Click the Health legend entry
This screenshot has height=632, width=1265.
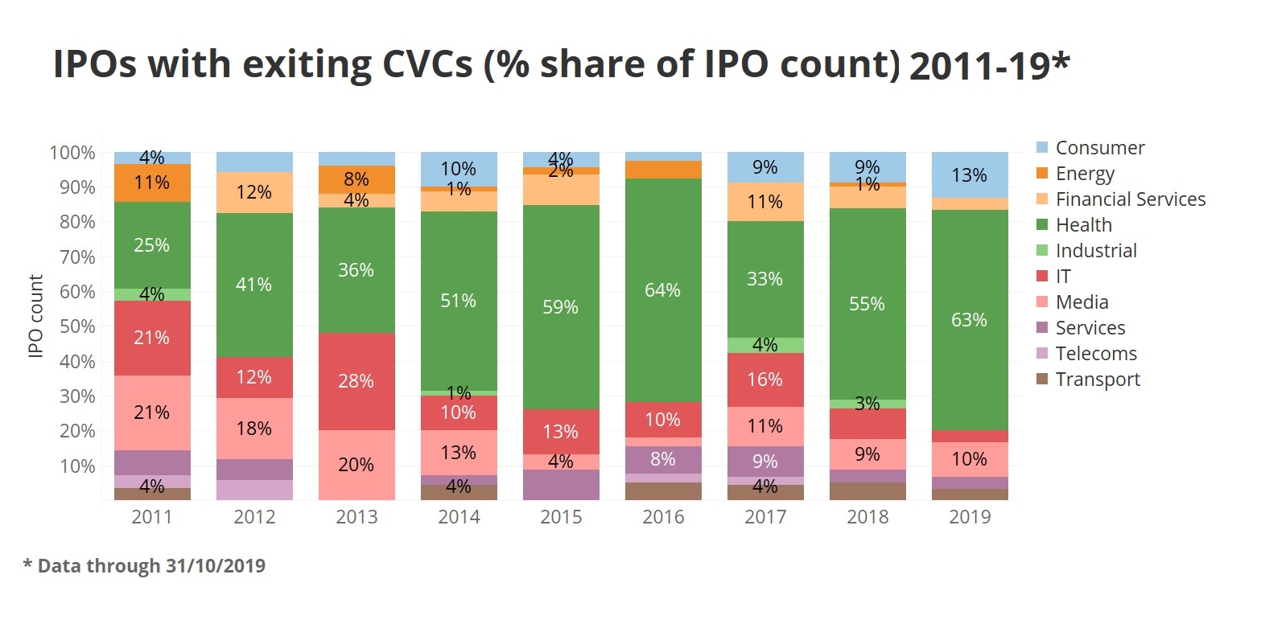pyautogui.click(x=1083, y=225)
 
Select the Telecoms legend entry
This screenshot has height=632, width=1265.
pyautogui.click(x=1095, y=354)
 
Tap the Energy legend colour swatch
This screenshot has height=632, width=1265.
pyautogui.click(x=1042, y=174)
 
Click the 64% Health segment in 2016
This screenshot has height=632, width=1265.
pyautogui.click(x=662, y=290)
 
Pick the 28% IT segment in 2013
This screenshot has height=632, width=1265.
pyautogui.click(x=356, y=381)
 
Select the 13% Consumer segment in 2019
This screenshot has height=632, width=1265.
pyautogui.click(x=969, y=175)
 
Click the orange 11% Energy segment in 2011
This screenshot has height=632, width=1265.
pyautogui.click(x=152, y=183)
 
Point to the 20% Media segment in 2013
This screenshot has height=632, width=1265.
pyautogui.click(x=356, y=465)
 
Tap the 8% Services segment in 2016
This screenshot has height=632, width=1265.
pyautogui.click(x=662, y=459)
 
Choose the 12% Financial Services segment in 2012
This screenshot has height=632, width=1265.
pyautogui.click(x=253, y=192)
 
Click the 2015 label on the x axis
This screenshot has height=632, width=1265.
pyautogui.click(x=560, y=517)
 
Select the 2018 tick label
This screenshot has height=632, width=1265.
pyautogui.click(x=867, y=517)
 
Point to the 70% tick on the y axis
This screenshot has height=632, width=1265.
pyautogui.click(x=77, y=257)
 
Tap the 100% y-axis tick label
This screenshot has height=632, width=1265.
pyautogui.click(x=72, y=153)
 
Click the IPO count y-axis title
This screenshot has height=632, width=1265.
pyautogui.click(x=35, y=316)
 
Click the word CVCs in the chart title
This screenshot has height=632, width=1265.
pyautogui.click(x=426, y=64)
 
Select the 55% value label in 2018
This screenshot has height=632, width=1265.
pyautogui.click(x=867, y=304)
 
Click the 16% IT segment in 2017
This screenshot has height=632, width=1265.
pyautogui.click(x=764, y=380)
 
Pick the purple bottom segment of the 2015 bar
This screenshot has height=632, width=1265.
pyautogui.click(x=560, y=485)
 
